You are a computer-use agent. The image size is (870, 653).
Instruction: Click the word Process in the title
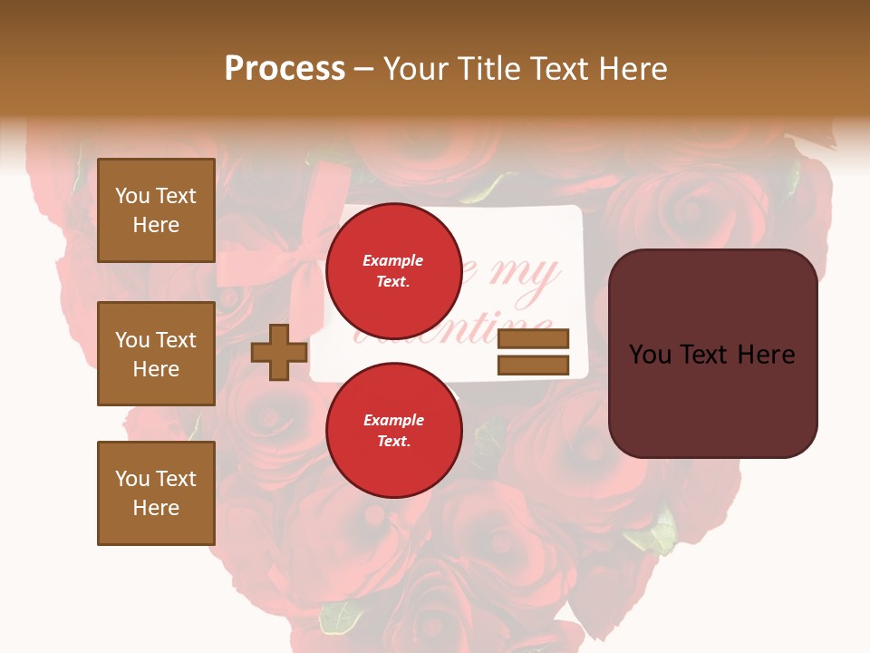point(285,69)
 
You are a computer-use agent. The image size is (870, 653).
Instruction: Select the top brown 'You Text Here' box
point(156,210)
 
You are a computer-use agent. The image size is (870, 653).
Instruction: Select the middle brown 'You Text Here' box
point(156,354)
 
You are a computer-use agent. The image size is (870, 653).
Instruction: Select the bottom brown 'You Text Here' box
point(156,493)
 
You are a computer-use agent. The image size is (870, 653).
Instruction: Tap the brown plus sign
point(279,352)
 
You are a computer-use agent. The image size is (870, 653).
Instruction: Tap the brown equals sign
point(534,352)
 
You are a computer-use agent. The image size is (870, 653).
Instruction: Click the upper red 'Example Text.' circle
point(393,270)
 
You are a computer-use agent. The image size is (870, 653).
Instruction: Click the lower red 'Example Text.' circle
point(393,430)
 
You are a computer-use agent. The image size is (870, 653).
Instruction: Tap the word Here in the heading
point(631,69)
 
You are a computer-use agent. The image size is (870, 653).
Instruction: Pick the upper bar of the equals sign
point(534,339)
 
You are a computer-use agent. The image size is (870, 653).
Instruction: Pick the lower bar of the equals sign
point(534,365)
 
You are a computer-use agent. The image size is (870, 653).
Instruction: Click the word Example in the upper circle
point(393,260)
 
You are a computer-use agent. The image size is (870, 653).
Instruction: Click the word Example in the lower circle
point(393,420)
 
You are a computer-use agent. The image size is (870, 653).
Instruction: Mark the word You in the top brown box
point(131,196)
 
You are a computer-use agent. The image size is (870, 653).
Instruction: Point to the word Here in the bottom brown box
point(156,508)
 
